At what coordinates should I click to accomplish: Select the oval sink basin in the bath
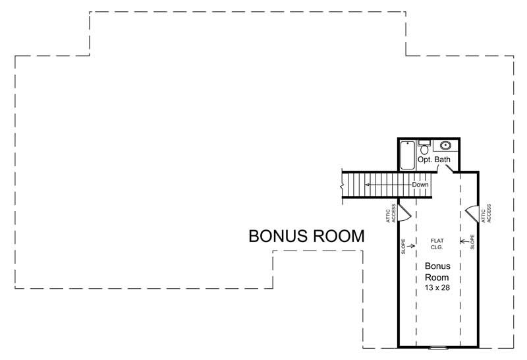[x=446, y=146]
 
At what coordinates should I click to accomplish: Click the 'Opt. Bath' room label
[x=434, y=160]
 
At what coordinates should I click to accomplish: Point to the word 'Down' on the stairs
[x=420, y=185]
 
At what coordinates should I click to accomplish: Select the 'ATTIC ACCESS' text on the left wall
[x=391, y=212]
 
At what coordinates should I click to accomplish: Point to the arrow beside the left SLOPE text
[x=412, y=247]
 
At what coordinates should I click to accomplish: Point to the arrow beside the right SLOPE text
[x=463, y=241]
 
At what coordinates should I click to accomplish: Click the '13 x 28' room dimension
[x=437, y=288]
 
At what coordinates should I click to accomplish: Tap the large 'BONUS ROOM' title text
[x=306, y=237]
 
